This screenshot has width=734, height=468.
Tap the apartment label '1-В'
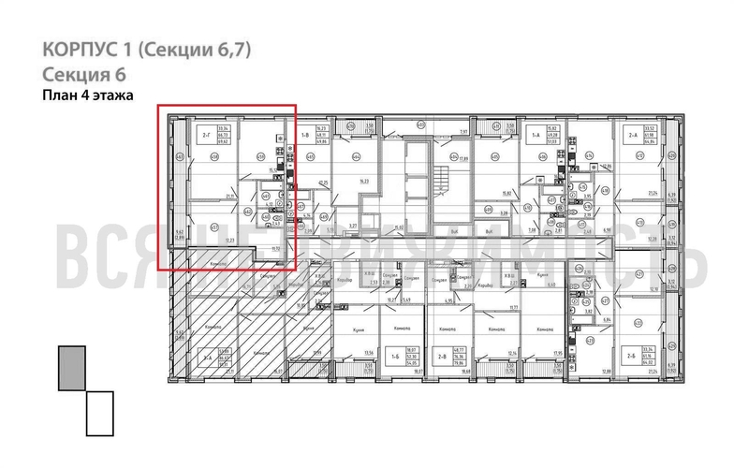click(x=306, y=137)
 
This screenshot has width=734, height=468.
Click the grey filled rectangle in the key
click(x=71, y=367)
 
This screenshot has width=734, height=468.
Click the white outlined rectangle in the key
click(x=99, y=413)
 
